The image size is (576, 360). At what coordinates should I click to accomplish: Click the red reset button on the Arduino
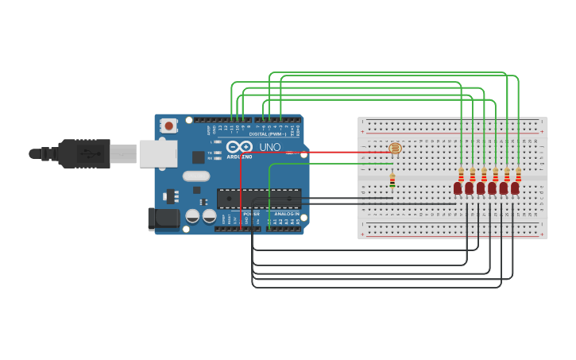coord(168,125)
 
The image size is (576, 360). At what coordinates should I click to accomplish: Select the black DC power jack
coord(163,219)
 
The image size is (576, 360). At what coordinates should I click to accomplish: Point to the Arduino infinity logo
coord(239,147)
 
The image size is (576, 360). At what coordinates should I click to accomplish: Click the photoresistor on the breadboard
coord(396,149)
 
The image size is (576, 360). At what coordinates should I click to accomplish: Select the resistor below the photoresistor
coord(392,181)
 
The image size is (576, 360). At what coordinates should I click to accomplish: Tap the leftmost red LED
coord(458,188)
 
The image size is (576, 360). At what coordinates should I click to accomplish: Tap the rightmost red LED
coord(515,188)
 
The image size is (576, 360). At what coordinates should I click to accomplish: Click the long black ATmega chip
coord(259,199)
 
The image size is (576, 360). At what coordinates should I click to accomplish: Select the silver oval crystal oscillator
coord(195,176)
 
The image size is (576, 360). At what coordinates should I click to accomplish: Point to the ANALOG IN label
coord(287,214)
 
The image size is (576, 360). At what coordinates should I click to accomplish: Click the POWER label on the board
coord(251,214)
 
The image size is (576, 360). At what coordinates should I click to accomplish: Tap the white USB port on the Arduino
coord(158,153)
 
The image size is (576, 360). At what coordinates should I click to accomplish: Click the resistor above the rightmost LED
coord(519,174)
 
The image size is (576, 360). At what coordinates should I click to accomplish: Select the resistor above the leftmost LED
coord(461,174)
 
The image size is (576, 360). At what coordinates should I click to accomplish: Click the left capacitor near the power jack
coord(192,216)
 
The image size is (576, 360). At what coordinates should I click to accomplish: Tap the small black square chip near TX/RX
coord(198,157)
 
